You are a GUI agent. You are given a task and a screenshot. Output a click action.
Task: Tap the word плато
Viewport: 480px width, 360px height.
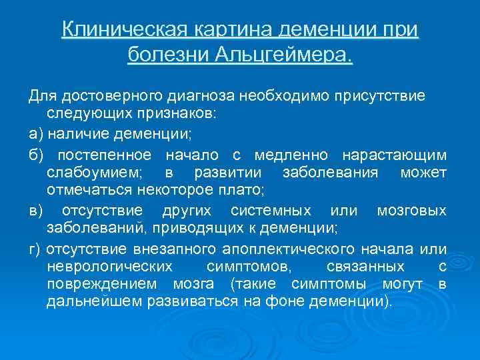tap(243, 191)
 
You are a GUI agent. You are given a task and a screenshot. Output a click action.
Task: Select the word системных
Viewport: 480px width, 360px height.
tap(271, 211)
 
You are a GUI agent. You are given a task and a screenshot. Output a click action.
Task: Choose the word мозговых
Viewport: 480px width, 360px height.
tap(411, 211)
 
